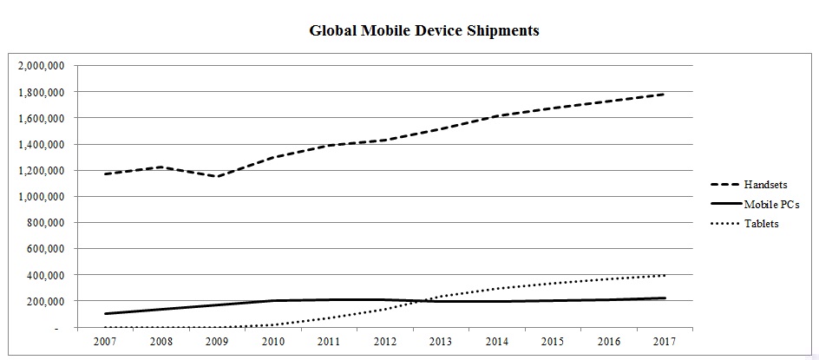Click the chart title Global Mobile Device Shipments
424,30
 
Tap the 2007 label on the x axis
104,341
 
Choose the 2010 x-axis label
273,341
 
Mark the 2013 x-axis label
441,341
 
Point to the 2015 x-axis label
553,341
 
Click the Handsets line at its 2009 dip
217,177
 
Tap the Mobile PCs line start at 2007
104,314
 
